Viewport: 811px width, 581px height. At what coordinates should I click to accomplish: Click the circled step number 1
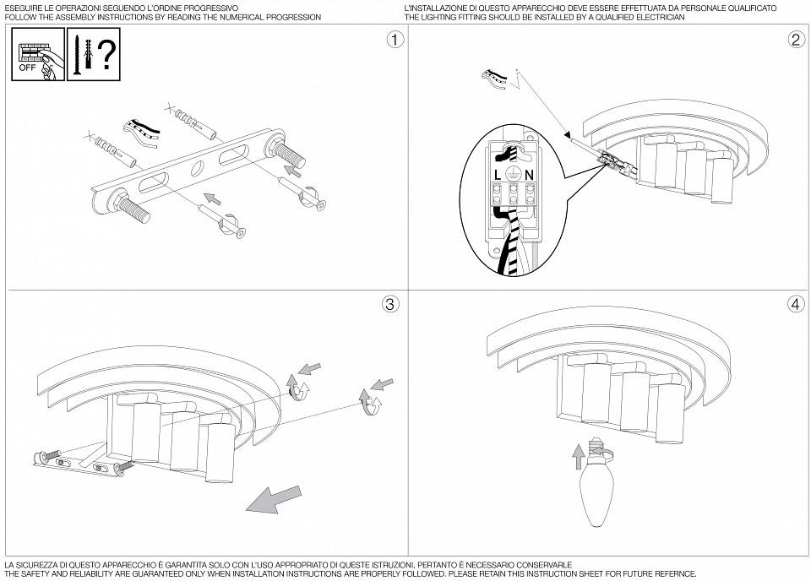tap(391, 40)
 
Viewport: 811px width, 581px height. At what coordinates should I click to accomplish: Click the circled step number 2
tap(795, 40)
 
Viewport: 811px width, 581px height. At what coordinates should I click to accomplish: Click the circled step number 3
tap(390, 305)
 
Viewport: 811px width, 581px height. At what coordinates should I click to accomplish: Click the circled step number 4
tap(794, 303)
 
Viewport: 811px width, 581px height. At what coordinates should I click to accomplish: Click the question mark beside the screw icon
tap(106, 55)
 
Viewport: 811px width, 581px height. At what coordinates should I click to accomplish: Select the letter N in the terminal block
tap(530, 174)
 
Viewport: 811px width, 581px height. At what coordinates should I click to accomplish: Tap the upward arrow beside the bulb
tap(578, 457)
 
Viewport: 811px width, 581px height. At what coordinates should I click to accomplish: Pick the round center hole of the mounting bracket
tap(196, 167)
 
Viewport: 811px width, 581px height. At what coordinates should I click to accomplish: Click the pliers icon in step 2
tap(494, 79)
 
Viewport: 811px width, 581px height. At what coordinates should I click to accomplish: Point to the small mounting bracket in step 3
tap(80, 461)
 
